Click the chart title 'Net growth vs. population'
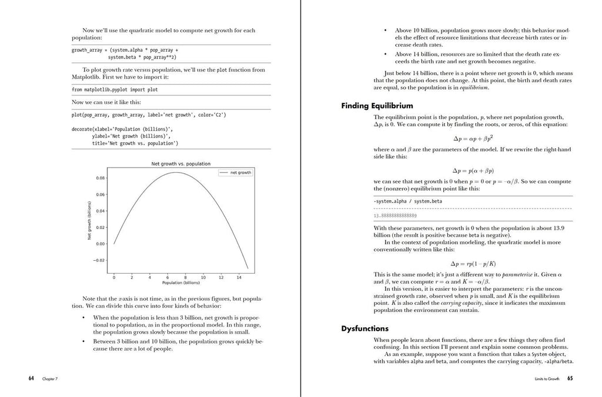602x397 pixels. pos(181,164)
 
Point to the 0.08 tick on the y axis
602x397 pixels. pos(101,178)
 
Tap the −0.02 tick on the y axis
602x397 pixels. pos(99,260)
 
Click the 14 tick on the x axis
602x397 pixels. pos(238,277)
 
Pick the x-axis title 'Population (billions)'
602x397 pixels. pos(181,283)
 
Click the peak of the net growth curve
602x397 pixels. pos(176,173)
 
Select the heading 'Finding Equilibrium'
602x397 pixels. pos(377,106)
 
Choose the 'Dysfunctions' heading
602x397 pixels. pos(364,329)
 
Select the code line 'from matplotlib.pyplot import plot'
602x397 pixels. pos(115,90)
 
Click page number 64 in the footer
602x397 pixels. pos(31,379)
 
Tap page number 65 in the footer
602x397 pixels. pos(570,379)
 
